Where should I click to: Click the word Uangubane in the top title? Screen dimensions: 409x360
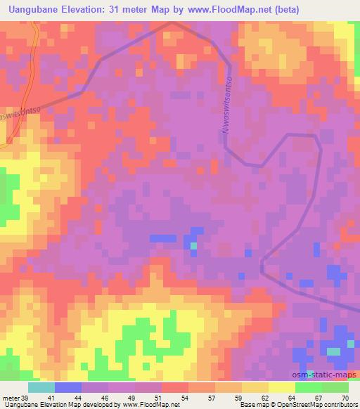[36, 9]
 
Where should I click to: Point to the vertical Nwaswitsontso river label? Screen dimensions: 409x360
[226, 106]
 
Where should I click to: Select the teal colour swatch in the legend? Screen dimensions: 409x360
[41, 387]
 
